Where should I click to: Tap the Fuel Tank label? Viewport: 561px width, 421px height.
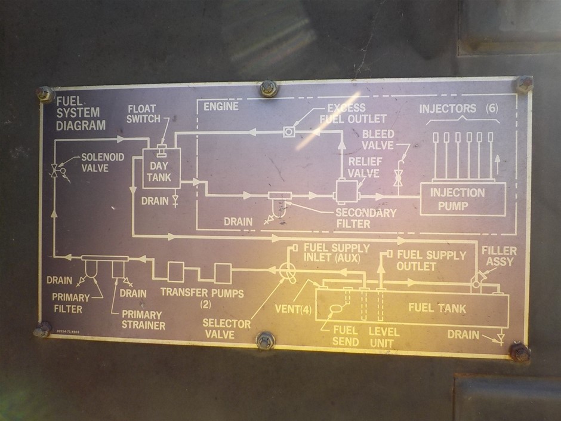tap(437, 308)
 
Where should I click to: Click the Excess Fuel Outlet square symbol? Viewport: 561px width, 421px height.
tap(289, 131)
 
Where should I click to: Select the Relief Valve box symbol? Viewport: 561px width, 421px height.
tap(344, 190)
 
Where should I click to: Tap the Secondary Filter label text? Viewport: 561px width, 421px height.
tap(365, 218)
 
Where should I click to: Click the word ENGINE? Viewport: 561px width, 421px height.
tap(221, 106)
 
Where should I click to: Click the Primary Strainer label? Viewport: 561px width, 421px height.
tap(142, 319)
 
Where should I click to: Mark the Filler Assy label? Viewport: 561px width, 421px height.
tap(498, 256)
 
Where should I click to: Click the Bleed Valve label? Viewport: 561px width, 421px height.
tap(378, 140)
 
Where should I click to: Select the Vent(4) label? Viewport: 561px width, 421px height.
tap(294, 309)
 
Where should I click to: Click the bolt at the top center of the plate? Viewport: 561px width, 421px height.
tap(268, 88)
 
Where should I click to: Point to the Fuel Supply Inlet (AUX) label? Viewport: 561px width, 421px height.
tap(337, 253)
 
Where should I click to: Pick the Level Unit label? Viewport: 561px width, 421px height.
tap(384, 336)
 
